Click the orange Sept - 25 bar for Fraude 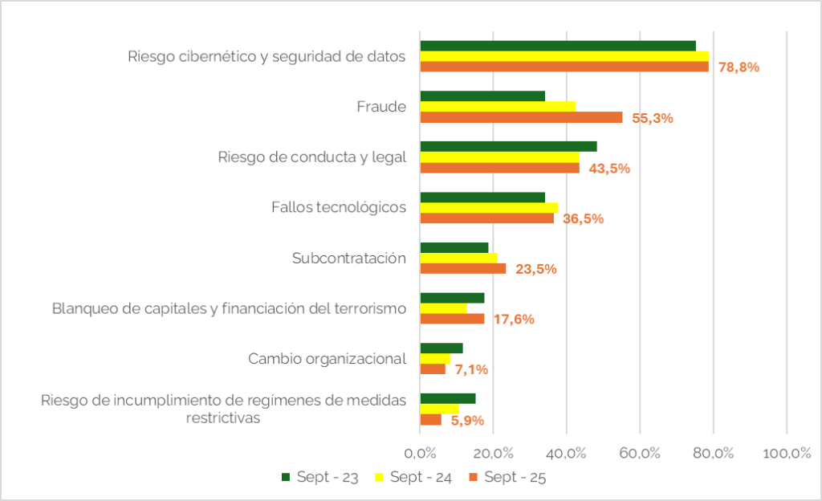pyautogui.click(x=521, y=117)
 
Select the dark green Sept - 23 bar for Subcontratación pyautogui.click(x=454, y=247)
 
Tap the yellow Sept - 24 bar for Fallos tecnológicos pyautogui.click(x=489, y=208)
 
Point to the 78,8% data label pyautogui.click(x=739, y=67)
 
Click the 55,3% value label pyautogui.click(x=652, y=118)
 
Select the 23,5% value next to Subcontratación pyautogui.click(x=535, y=269)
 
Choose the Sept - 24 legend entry pyautogui.click(x=413, y=477)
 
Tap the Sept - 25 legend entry pyautogui.click(x=507, y=477)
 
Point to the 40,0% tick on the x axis pyautogui.click(x=567, y=452)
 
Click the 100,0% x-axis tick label pyautogui.click(x=787, y=452)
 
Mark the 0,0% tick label pyautogui.click(x=420, y=452)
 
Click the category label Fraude pyautogui.click(x=381, y=107)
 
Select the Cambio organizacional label pyautogui.click(x=327, y=359)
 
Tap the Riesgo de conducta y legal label pyautogui.click(x=312, y=157)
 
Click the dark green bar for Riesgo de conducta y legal pyautogui.click(x=508, y=146)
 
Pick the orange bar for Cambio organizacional pyautogui.click(x=433, y=369)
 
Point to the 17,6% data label pyautogui.click(x=514, y=320)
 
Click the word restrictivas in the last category pyautogui.click(x=223, y=418)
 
